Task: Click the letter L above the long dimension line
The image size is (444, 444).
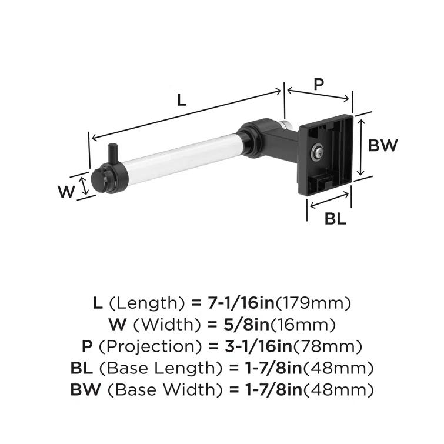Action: (x=182, y=100)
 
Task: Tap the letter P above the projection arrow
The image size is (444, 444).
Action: (x=318, y=84)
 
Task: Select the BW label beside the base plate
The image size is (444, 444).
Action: (x=383, y=145)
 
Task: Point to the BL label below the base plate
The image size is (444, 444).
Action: (x=335, y=219)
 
